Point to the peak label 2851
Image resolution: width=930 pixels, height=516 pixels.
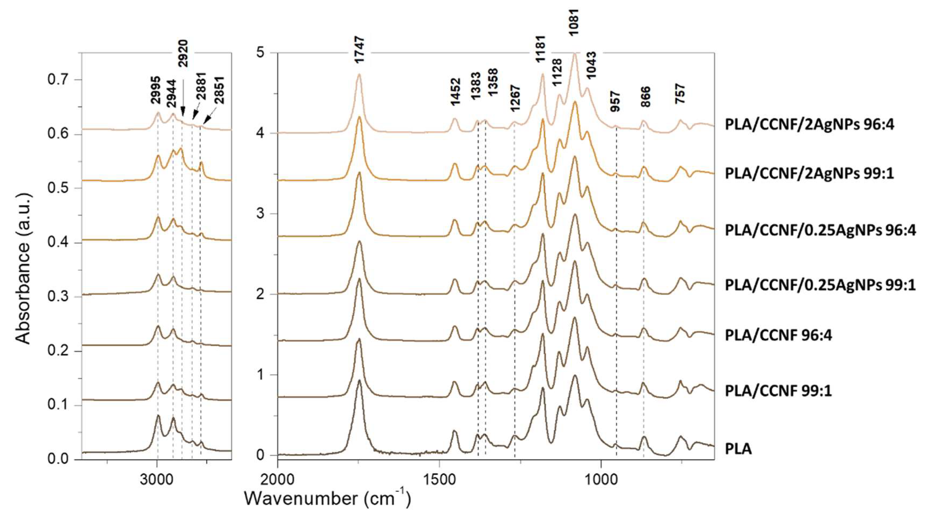219,90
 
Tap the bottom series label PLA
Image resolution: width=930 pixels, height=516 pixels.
738,449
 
